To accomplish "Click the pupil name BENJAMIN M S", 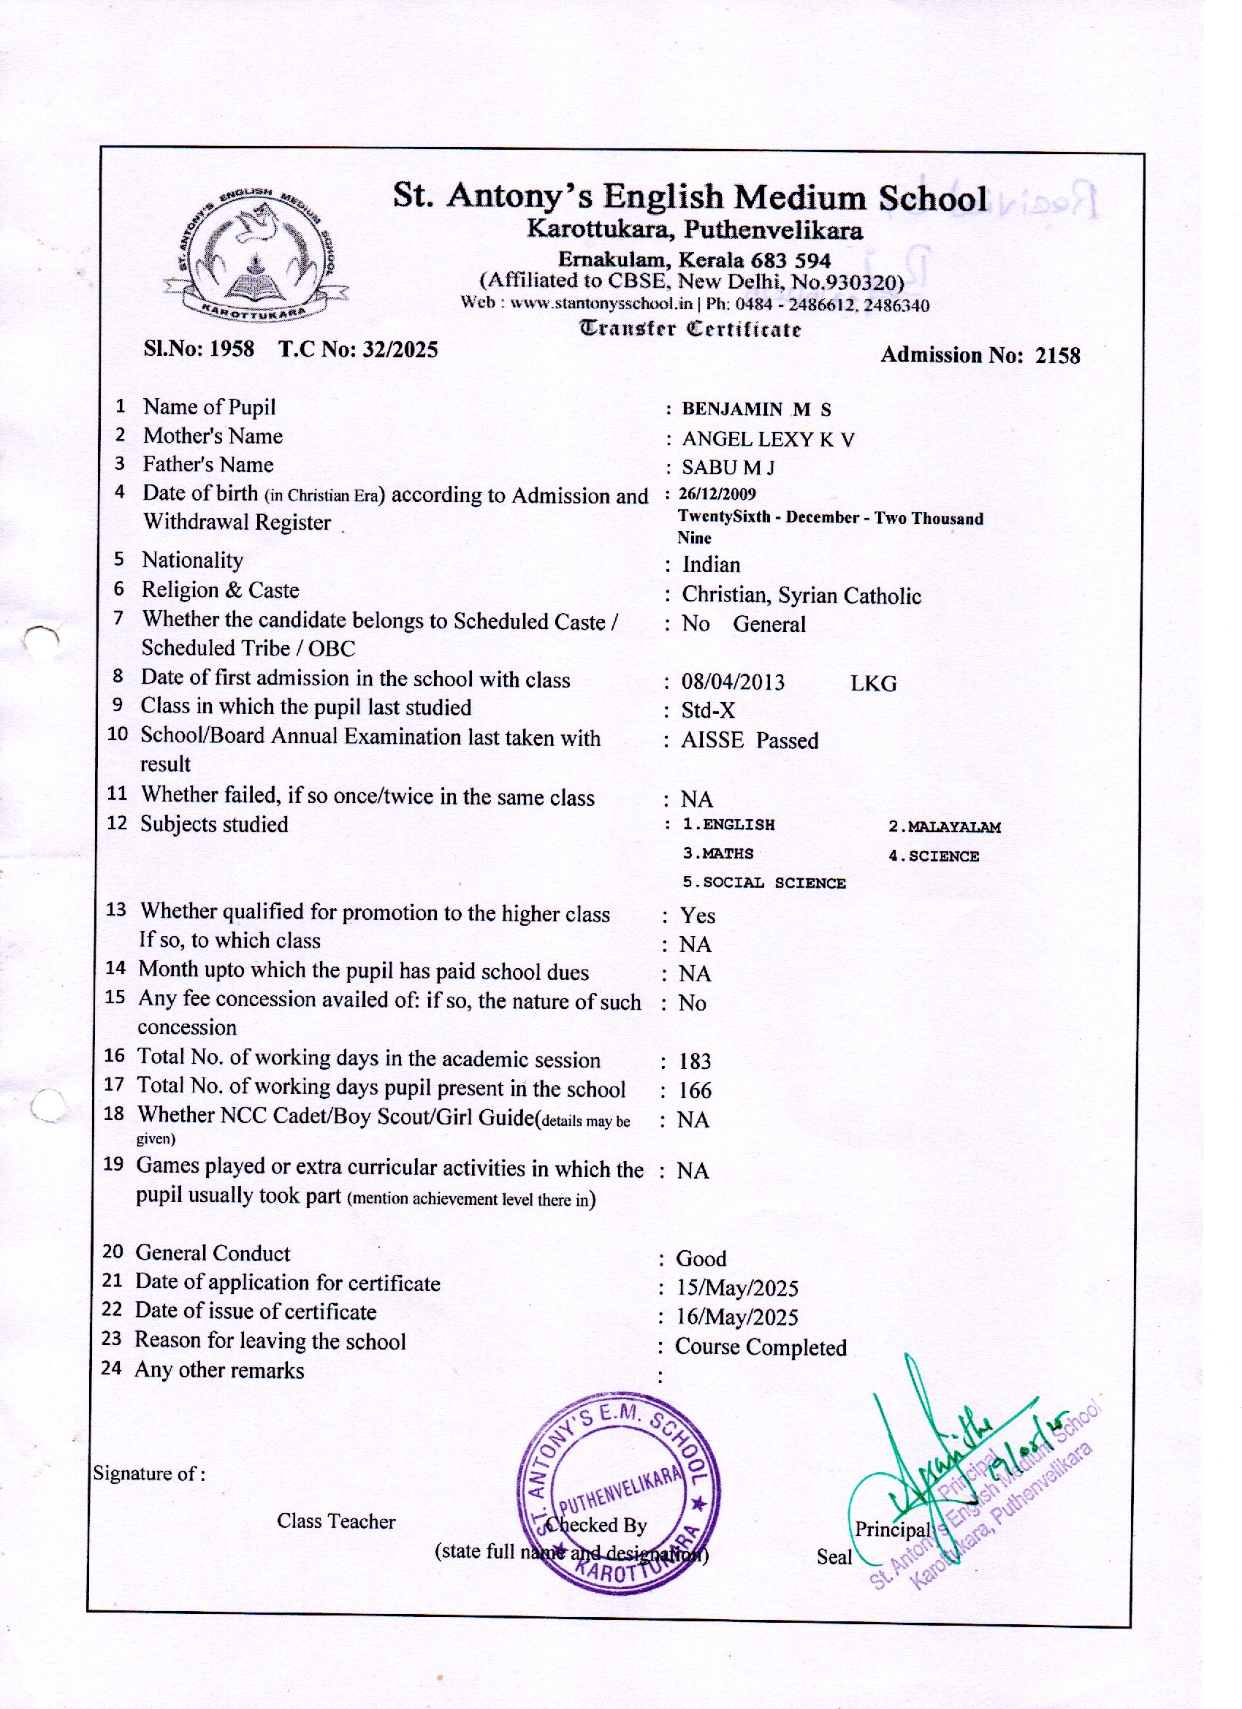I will coord(756,410).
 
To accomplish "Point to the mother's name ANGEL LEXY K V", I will coord(768,439).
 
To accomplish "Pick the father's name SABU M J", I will coord(728,468).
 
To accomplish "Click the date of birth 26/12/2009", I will coord(717,495).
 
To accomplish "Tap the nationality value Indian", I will coord(711,565).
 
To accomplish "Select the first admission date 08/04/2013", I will coord(733,682).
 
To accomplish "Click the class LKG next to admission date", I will coord(874,684).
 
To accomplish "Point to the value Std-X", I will coord(708,712).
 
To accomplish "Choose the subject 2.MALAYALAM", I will coord(945,827).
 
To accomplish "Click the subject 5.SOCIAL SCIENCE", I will coord(764,883).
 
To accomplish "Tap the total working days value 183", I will coord(694,1062).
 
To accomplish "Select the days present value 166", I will coord(694,1091).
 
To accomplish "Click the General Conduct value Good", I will coord(701,1259).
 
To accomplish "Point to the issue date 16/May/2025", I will coord(736,1317).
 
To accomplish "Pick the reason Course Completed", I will coord(761,1347).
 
